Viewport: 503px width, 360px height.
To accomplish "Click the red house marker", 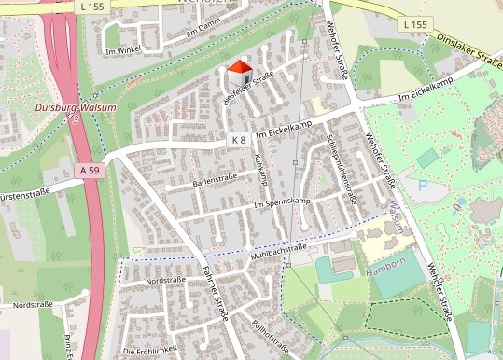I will click(x=240, y=74).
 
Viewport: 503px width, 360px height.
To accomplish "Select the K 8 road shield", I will click(x=238, y=140).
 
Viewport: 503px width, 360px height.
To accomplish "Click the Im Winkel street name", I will click(x=123, y=50).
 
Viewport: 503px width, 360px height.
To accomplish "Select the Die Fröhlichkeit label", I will click(x=149, y=350).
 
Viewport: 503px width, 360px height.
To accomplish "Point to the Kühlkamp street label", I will click(x=261, y=171).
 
